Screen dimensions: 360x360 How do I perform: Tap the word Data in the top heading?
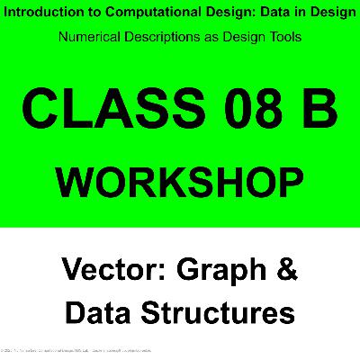[268, 14]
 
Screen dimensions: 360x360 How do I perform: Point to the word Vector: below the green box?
[114, 269]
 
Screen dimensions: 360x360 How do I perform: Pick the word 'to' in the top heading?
[86, 14]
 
